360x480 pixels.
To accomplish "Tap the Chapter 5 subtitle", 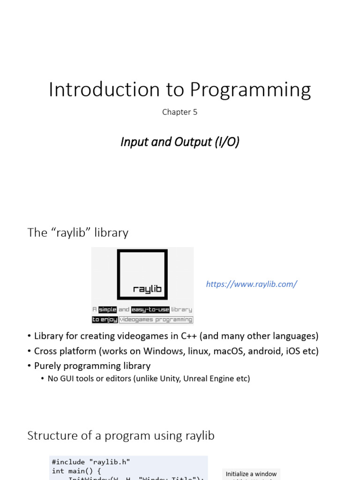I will point(180,112).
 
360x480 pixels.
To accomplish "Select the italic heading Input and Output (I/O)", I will point(180,142).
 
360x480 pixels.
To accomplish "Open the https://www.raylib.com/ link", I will point(252,284).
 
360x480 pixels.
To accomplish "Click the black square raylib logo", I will point(142,274).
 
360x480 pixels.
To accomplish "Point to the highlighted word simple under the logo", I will point(107,309).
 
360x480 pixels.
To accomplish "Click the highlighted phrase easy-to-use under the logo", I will point(150,309).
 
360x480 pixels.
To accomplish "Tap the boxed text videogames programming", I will point(156,320).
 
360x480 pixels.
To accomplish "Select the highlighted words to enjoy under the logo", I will point(105,320).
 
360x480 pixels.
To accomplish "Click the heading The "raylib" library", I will point(78,232).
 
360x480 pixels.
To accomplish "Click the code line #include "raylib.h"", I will point(91,462).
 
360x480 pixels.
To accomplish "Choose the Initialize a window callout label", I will point(251,474).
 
